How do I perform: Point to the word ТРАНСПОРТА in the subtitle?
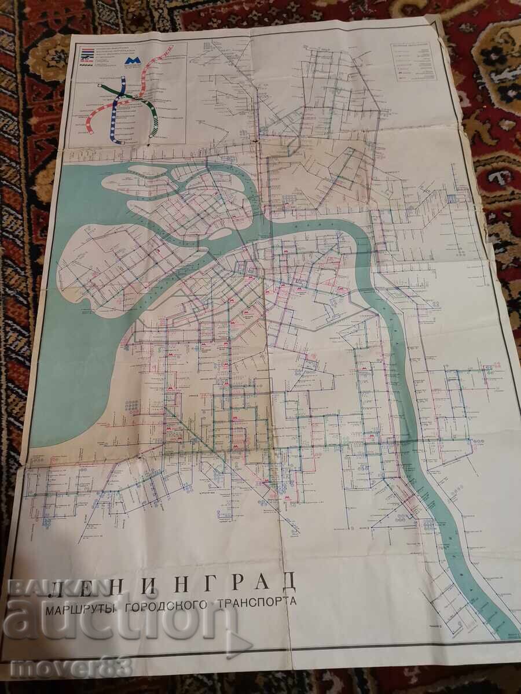click(x=259, y=601)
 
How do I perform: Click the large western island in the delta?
click(x=116, y=260)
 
